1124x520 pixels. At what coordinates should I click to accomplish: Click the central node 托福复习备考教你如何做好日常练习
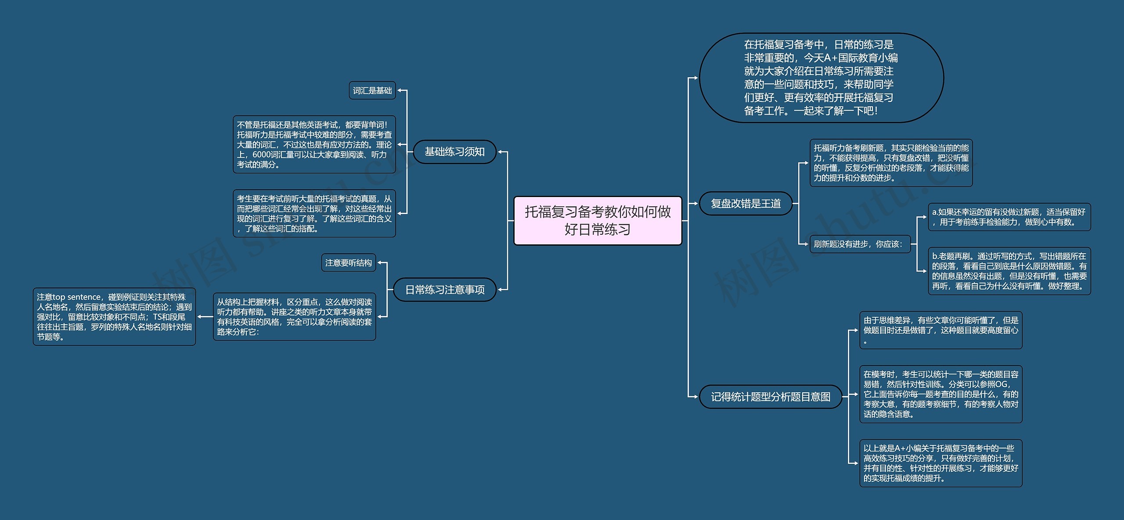(598, 220)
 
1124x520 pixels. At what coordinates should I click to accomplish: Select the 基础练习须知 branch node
(454, 152)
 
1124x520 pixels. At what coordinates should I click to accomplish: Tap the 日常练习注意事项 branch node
(444, 290)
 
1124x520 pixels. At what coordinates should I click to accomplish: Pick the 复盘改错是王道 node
(746, 204)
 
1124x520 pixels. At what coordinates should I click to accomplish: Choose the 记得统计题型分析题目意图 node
(771, 397)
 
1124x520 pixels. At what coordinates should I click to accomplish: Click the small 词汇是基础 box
(372, 90)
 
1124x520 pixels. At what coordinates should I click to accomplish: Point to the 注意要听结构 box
(349, 263)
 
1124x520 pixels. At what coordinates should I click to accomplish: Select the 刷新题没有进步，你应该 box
(860, 244)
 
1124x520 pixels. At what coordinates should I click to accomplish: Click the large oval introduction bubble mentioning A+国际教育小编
(821, 78)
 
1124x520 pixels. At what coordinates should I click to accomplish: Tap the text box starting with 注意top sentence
(114, 316)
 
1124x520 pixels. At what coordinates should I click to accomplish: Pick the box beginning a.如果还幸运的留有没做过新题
(1009, 217)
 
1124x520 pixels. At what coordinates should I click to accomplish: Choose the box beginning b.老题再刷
(1009, 271)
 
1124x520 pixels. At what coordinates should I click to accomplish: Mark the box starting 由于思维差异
(940, 330)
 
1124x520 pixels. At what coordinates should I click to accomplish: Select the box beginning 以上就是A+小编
(940, 463)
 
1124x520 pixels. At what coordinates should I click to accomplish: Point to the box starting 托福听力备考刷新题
(891, 163)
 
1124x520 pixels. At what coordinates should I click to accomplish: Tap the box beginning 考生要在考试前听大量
(314, 213)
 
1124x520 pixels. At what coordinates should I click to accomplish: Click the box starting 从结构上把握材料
(294, 316)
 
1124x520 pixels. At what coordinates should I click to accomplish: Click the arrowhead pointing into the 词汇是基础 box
(399, 91)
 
